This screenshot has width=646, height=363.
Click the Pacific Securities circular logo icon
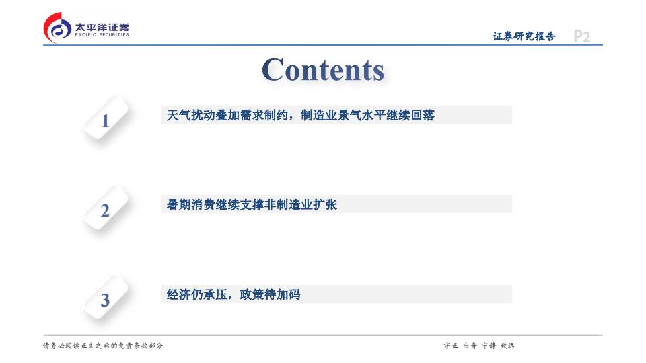tap(57, 28)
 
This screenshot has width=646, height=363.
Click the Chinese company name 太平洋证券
tap(102, 27)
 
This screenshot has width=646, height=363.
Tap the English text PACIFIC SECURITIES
tap(102, 35)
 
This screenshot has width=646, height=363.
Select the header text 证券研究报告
tap(524, 36)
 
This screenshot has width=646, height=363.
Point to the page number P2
tap(581, 36)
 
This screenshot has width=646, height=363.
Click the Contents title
tap(323, 69)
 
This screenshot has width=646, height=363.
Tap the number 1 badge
tap(106, 118)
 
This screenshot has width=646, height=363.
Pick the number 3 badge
tap(106, 298)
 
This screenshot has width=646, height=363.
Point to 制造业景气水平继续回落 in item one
tap(367, 115)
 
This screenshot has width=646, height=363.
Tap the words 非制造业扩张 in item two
tap(300, 204)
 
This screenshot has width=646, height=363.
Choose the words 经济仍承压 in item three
tap(197, 294)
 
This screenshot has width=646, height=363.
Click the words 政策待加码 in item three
tap(270, 294)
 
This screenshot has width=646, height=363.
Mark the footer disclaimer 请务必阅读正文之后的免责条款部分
tap(103, 346)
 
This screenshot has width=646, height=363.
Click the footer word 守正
tap(451, 346)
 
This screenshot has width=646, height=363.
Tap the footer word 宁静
tap(489, 346)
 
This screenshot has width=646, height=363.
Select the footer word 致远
tap(507, 346)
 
